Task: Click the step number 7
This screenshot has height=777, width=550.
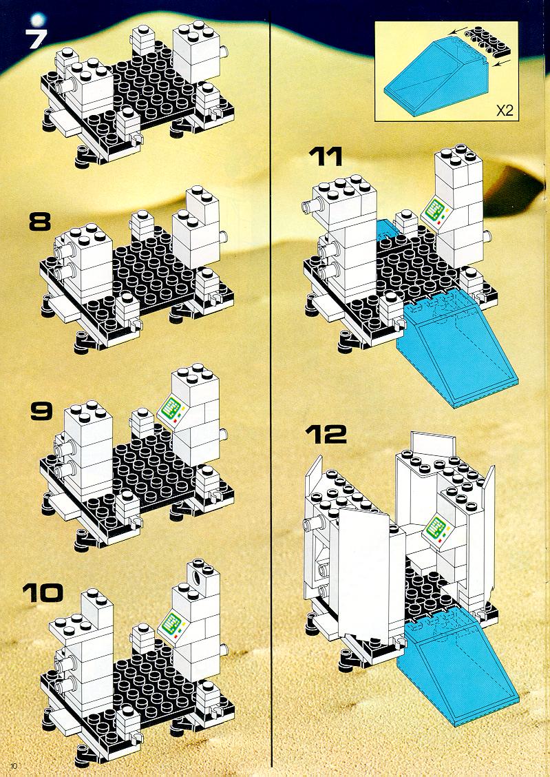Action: point(36,39)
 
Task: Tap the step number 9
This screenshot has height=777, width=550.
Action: point(41,411)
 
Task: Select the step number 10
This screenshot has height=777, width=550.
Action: point(43,592)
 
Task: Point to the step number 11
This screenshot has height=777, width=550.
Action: point(326,156)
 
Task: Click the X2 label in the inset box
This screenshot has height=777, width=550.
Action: point(505,110)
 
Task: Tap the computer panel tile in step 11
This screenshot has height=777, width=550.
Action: point(435,211)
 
